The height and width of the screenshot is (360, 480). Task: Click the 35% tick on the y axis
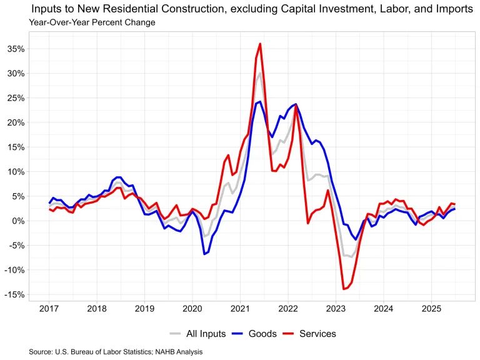(17, 49)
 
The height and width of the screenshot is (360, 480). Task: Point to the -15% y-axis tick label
(16, 294)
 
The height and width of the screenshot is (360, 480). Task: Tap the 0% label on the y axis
(19, 221)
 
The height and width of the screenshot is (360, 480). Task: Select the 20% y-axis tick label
(17, 122)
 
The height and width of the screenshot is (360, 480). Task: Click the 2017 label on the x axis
(49, 309)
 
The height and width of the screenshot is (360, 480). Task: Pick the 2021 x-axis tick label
(240, 309)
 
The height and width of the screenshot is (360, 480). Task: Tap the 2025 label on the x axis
(431, 309)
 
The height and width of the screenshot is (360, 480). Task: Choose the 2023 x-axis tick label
(336, 309)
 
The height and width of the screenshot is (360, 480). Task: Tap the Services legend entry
(316, 334)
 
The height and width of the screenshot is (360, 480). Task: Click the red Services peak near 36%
(260, 44)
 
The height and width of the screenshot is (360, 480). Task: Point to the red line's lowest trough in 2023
(343, 289)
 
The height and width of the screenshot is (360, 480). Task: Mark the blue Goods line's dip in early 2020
(204, 254)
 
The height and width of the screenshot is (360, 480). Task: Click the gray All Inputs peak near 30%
(260, 73)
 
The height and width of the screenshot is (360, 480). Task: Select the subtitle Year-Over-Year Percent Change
(92, 22)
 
